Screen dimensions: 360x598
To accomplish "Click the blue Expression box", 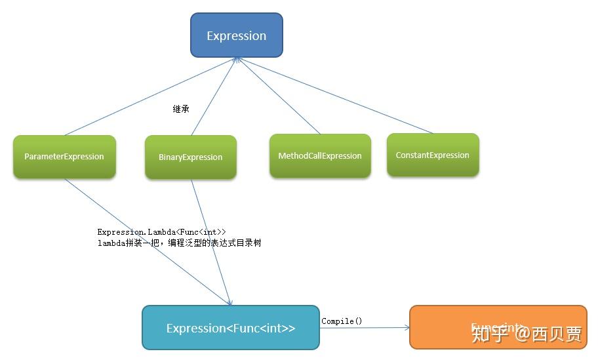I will point(236,35).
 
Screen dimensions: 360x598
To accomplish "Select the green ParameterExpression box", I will point(64,157).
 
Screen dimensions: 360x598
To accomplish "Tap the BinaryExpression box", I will point(190,157).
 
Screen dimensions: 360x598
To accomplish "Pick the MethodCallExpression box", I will point(320,156).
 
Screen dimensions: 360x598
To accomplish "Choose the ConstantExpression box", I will point(433,155).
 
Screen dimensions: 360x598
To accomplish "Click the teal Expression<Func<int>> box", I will point(231,328).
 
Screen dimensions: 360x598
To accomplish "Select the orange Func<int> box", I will point(498,326).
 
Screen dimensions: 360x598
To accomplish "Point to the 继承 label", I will point(181,110).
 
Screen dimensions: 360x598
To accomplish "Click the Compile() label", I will point(342,321).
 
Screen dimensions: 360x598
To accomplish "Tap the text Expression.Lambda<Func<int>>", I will point(161,232).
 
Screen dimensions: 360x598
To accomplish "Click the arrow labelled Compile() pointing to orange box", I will point(364,328).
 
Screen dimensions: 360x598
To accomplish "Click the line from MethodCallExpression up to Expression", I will point(279,96).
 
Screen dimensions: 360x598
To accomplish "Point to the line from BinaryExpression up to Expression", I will point(214,96).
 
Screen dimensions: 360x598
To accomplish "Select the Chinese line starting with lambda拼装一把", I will point(179,243).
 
